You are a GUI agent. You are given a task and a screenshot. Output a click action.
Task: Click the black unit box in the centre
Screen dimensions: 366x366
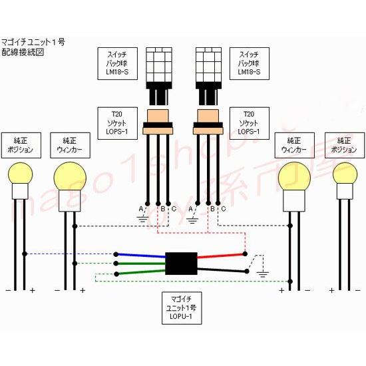click(x=181, y=263)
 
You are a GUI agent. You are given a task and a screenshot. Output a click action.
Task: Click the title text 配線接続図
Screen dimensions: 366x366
click(x=23, y=52)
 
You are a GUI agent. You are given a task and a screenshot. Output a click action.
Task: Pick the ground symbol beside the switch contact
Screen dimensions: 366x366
click(x=262, y=273)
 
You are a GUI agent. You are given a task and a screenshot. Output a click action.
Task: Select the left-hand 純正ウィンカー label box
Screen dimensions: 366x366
click(x=69, y=145)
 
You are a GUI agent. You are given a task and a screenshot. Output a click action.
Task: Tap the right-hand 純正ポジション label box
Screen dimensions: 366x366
click(x=343, y=145)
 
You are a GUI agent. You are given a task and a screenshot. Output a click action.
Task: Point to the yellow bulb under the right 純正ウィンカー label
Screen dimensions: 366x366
click(x=295, y=177)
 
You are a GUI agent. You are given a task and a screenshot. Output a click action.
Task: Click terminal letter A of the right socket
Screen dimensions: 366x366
click(x=192, y=210)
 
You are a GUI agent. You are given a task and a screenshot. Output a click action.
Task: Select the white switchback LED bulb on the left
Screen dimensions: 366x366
click(x=158, y=65)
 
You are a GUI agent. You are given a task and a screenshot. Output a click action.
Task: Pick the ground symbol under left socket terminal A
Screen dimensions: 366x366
click(x=141, y=218)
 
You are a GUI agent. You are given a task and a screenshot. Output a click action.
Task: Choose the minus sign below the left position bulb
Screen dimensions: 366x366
click(x=8, y=290)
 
